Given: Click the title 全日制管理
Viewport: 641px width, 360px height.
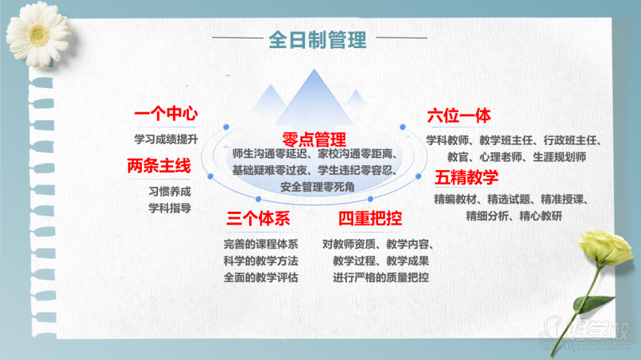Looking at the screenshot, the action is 317,39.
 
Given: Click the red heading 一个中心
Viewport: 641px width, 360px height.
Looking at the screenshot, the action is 166,113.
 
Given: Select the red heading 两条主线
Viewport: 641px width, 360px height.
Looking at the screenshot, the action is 159,166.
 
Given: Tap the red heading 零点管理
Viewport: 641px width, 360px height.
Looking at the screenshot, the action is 314,140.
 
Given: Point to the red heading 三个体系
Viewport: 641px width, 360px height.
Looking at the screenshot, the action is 258,218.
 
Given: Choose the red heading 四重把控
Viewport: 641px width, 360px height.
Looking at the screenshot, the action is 370,218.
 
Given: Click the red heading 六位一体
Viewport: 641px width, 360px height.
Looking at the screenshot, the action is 458,115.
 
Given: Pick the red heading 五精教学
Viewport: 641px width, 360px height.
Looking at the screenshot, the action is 466,177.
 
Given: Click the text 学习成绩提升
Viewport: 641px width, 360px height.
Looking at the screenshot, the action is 166,139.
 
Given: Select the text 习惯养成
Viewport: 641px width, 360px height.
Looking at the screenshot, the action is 170,192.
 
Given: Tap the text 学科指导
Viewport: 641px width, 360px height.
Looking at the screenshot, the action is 170,208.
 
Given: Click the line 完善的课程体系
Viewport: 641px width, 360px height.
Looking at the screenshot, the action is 261,245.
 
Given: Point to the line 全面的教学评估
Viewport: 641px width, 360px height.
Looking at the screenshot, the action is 261,277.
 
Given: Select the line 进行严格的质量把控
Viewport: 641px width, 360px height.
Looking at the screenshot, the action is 381,277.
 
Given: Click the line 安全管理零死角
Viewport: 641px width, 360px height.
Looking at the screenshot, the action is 317,187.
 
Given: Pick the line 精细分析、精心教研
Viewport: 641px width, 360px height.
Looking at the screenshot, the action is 514,216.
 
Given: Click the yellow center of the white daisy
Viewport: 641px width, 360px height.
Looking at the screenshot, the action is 38,34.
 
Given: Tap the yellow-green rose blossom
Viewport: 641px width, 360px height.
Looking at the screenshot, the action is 605,248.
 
